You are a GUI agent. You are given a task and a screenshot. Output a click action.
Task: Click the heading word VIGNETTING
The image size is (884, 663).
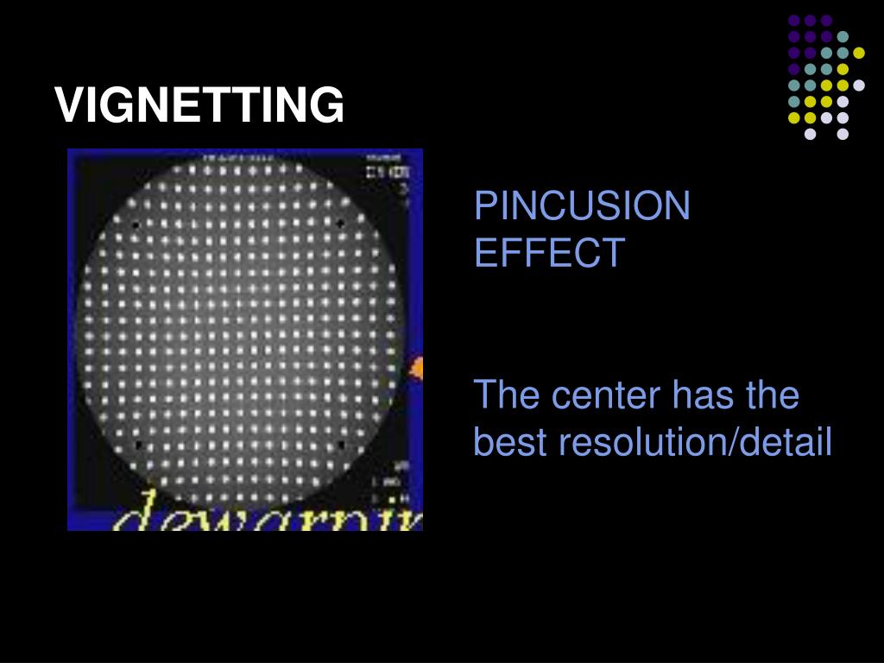coord(199,105)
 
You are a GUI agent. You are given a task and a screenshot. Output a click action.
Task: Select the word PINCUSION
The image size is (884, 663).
coord(582,206)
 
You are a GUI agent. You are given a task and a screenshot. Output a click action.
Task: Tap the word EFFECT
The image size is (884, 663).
coord(549,253)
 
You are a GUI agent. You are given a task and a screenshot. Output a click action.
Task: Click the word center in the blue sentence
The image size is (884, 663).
coord(605,395)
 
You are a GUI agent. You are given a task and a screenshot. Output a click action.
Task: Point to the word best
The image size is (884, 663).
coord(510,442)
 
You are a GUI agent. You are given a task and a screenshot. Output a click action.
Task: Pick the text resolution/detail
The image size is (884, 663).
coord(695,442)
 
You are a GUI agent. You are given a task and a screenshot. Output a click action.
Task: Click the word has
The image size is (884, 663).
coord(702,395)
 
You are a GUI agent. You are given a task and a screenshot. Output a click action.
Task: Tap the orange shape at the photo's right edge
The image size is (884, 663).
coord(417,369)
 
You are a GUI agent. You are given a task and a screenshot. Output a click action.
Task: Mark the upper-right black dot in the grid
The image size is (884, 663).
coord(341,224)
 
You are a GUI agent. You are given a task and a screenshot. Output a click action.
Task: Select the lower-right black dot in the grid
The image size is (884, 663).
coord(342,445)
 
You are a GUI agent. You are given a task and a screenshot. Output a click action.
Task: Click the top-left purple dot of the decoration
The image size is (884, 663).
coord(793,20)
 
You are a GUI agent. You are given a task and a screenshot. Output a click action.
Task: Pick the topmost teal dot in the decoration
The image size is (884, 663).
coord(843,36)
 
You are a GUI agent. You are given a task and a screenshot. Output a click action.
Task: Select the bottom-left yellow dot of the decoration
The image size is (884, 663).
coord(793,117)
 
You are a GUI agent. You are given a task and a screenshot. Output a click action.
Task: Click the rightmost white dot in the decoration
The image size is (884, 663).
coord(859,85)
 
